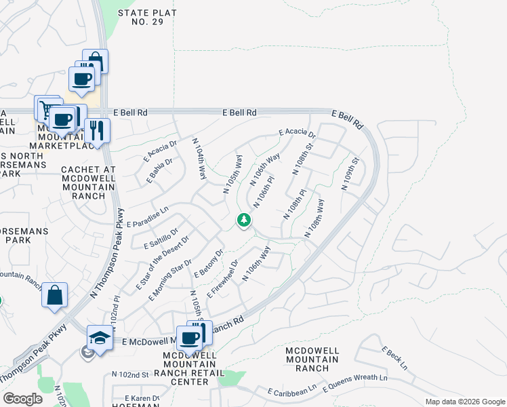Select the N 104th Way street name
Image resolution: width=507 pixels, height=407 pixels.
point(200,159)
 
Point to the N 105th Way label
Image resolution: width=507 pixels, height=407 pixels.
point(233,174)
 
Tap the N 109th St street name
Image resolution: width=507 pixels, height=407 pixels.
point(350,175)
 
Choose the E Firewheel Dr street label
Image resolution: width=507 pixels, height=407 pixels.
point(224,278)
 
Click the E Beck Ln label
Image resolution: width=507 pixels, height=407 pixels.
point(394,357)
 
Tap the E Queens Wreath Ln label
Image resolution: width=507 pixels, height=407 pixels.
point(355,383)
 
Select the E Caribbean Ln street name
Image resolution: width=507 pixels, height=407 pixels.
point(293,392)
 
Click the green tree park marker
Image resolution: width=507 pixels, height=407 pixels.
point(244,220)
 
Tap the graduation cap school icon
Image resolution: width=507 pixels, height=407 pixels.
point(100,336)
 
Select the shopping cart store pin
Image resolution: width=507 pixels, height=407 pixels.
point(47,107)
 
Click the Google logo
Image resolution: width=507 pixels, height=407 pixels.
point(22,399)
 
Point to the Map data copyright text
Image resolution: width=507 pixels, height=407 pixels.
point(464,402)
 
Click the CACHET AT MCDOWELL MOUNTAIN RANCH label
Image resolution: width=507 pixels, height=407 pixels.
point(89,182)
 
